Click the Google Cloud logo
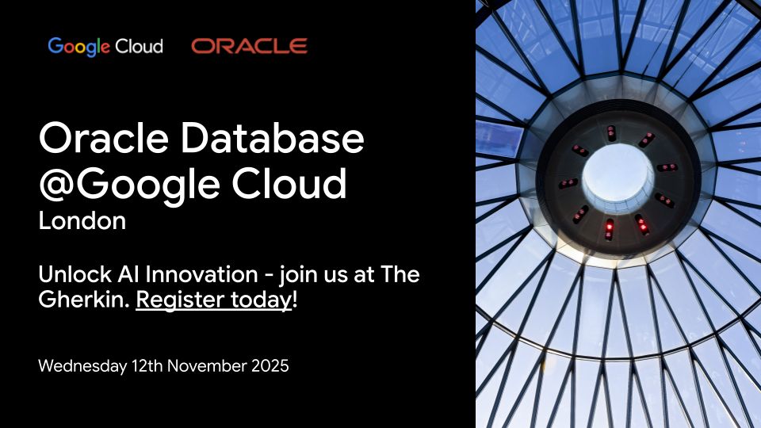pos(105,46)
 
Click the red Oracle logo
pos(249,46)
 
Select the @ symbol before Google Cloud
pos(57,184)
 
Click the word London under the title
pos(82,221)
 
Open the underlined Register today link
pos(213,302)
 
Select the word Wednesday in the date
pos(78,366)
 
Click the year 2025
pos(270,366)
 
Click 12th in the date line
pos(140,366)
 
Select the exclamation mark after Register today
pos(295,302)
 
